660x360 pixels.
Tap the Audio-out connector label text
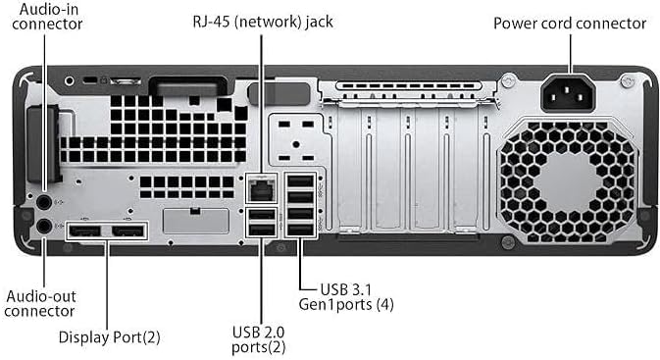40,303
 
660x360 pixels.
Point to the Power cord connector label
569,23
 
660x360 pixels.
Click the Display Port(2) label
109,337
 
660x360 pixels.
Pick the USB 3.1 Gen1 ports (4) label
361,297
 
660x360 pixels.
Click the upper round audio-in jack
43,201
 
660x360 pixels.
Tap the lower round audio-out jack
43,226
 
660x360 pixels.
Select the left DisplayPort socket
84,231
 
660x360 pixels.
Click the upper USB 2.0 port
262,215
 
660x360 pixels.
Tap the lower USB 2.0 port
262,230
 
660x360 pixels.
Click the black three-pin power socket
570,93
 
